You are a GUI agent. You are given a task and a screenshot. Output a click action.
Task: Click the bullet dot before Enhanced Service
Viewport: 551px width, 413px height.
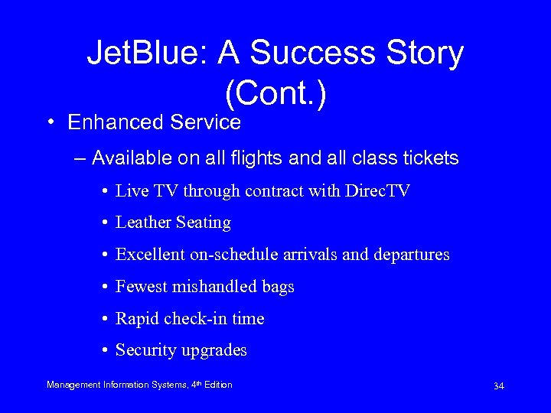click(50, 122)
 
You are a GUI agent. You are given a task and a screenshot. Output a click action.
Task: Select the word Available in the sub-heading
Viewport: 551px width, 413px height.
click(126, 158)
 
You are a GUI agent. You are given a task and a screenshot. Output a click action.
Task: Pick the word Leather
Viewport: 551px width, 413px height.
click(143, 223)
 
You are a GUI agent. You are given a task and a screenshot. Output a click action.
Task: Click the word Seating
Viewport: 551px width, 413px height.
click(204, 223)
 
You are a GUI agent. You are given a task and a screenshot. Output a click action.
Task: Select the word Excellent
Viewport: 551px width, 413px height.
click(150, 255)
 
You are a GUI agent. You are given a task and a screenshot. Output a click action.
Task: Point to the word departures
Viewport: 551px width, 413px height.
click(412, 255)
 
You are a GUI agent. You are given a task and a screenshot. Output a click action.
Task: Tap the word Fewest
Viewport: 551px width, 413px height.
click(141, 287)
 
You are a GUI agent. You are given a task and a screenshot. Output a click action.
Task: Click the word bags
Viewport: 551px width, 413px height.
click(278, 287)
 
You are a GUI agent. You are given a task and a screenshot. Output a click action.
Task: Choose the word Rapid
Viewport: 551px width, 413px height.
click(136, 319)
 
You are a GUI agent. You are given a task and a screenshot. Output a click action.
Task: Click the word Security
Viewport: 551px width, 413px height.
click(145, 351)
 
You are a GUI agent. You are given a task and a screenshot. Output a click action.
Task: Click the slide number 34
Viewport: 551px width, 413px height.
click(498, 386)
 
